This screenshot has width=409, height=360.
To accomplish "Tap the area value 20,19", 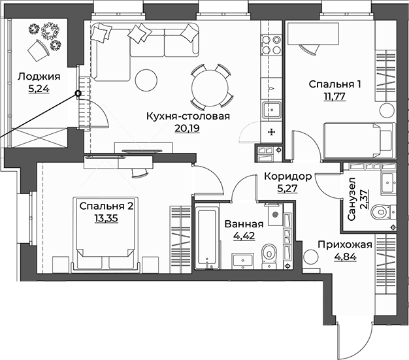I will (187, 128).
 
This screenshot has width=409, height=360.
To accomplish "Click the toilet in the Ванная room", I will (269, 253).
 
